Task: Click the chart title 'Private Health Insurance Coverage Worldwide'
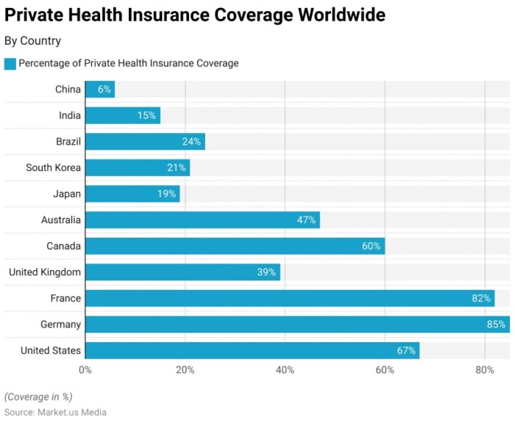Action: [x=194, y=15]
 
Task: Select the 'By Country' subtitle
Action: [x=33, y=41]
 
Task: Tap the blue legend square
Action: [x=10, y=64]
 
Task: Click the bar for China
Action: [x=100, y=90]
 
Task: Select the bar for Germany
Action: [x=294, y=325]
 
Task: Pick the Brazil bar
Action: [x=145, y=142]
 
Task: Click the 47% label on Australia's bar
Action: [x=306, y=220]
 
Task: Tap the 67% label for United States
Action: [x=406, y=351]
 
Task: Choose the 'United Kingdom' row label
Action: [x=45, y=272]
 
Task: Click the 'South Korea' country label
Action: [x=53, y=167]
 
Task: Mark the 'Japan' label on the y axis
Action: [x=67, y=194]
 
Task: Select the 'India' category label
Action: [x=70, y=115]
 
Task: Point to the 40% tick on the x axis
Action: [x=285, y=370]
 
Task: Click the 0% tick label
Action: [x=85, y=370]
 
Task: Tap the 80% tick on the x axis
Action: [x=484, y=370]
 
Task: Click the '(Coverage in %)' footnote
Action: [x=38, y=397]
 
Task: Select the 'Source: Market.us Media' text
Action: [x=55, y=412]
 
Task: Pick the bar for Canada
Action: [x=235, y=246]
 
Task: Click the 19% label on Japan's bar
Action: [x=166, y=194]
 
